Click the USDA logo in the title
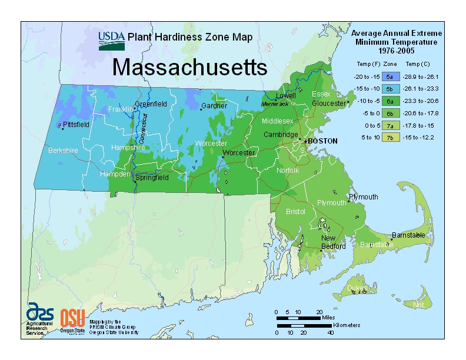tap(112, 40)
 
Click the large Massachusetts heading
tap(189, 67)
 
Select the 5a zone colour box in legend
tap(390, 76)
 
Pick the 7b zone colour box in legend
tap(390, 138)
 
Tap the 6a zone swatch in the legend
tap(390, 101)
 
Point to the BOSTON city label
tap(322, 141)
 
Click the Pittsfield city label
tap(76, 125)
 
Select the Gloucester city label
tap(329, 104)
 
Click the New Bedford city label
tap(332, 242)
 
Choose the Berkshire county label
tap(63, 151)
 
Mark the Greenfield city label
tap(151, 104)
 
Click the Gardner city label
tap(214, 106)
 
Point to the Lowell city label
tap(286, 96)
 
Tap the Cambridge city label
tap(281, 135)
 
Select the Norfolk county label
tap(288, 171)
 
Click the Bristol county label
tap(295, 212)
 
